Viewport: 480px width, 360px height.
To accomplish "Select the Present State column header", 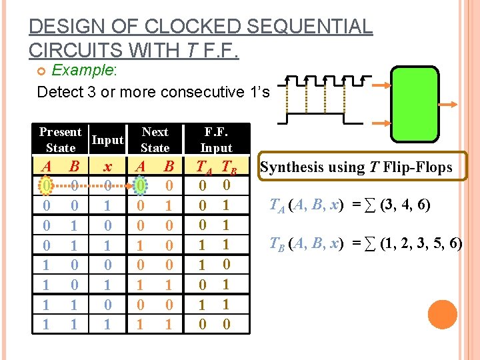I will pos(60,139).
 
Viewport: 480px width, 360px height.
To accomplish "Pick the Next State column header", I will pos(155,139).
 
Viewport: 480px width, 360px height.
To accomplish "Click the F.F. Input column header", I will pos(216,139).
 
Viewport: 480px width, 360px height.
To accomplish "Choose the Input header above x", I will pos(107,140).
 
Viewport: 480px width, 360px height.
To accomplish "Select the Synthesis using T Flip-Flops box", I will pos(356,167).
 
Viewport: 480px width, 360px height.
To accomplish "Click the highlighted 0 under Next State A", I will pos(140,183).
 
